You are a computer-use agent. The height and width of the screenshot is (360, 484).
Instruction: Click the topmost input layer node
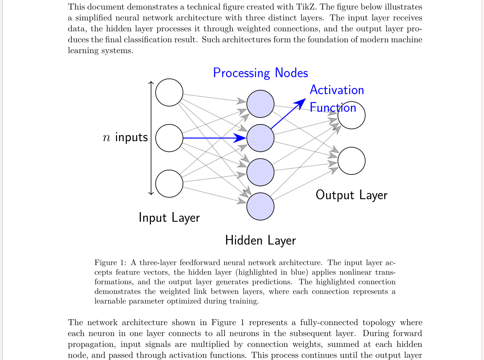pos(169,92)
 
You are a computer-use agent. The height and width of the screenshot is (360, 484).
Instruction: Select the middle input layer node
pos(169,138)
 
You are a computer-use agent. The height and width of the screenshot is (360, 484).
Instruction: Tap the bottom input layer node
pos(169,184)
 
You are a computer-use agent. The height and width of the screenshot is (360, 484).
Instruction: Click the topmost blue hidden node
pos(260,104)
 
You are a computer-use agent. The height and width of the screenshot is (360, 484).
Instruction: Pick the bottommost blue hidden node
pos(260,206)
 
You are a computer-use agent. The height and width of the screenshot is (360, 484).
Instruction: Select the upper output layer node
pos(351,115)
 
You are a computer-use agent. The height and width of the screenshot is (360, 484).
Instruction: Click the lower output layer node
pos(351,161)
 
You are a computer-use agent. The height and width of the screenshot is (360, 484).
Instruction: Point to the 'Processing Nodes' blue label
pos(260,73)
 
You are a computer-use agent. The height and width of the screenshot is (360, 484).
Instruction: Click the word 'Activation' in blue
pos(337,90)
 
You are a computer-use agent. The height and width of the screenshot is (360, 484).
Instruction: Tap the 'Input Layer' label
pos(169,218)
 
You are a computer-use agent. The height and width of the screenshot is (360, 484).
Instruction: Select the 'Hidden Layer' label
pos(260,240)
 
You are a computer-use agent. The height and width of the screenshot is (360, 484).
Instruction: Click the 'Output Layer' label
pos(351,195)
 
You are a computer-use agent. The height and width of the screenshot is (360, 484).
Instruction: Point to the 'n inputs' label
pos(125,138)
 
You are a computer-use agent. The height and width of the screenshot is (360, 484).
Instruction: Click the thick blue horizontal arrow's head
pos(241,138)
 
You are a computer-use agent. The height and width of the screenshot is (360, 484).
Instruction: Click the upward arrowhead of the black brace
pos(151,82)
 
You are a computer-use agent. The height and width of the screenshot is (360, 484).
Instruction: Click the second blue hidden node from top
pos(260,138)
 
